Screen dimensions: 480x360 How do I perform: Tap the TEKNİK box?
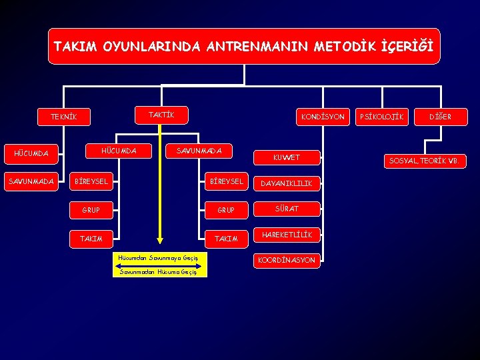tap(64, 117)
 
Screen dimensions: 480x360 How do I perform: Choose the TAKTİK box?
tap(161, 115)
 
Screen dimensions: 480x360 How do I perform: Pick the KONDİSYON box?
tap(323, 117)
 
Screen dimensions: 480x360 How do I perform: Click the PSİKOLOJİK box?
tap(381, 117)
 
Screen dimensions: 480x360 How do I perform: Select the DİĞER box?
tap(440, 117)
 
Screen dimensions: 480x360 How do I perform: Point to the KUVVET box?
tap(287, 158)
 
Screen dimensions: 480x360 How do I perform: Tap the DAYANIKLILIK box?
tap(286, 183)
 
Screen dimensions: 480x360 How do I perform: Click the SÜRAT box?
tap(287, 209)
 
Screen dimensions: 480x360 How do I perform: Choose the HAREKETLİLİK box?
tap(287, 235)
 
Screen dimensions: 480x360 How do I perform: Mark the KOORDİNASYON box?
tap(287, 260)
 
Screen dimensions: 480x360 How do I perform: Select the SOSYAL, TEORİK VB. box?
tap(424, 161)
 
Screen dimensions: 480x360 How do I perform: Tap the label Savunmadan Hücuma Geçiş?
tap(159, 272)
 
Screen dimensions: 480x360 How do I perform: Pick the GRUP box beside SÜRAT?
tap(226, 210)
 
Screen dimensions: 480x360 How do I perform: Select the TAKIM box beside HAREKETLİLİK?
tap(226, 238)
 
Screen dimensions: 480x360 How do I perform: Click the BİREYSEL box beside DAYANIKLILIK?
tap(226, 181)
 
